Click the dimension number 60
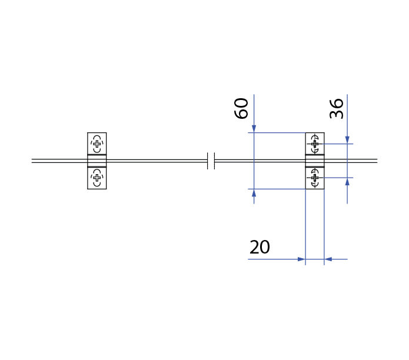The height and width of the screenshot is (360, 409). point(241,108)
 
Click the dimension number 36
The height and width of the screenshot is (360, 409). point(336,108)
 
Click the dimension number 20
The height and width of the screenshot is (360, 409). point(260,247)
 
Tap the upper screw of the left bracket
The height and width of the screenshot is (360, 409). point(97,144)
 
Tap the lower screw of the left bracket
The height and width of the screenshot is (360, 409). point(97,178)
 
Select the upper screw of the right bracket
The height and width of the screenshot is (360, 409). point(315,144)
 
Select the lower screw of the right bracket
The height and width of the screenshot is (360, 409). point(315,178)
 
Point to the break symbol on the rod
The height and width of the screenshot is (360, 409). point(211,161)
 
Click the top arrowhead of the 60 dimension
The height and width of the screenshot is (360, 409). point(254,129)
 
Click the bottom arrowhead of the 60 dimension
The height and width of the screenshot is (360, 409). point(254,192)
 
